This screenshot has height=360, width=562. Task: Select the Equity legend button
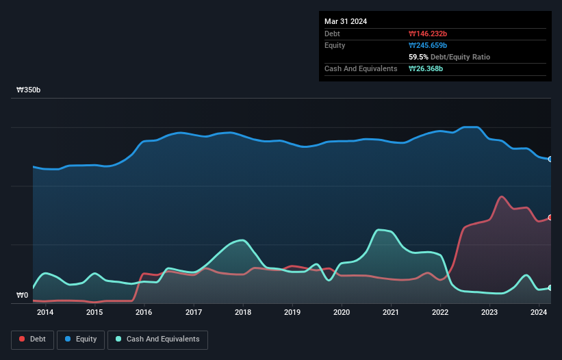81,339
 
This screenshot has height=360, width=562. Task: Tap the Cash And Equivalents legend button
157,339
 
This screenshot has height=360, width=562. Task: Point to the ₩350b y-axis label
29,90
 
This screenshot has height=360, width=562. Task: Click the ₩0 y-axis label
23,296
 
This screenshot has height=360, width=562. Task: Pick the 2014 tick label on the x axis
45,313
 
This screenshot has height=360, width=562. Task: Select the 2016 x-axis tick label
144,313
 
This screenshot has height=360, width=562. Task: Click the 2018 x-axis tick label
242,313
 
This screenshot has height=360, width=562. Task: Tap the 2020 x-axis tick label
342,313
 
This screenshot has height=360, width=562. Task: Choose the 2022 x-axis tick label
440,313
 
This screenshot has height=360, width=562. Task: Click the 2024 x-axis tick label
539,313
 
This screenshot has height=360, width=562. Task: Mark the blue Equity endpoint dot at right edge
550,159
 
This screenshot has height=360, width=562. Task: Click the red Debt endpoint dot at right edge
550,218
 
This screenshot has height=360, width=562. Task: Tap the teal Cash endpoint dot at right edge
550,288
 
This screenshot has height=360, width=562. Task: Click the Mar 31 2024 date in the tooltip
346,21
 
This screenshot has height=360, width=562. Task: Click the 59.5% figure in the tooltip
420,57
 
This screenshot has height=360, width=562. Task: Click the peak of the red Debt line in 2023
502,196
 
